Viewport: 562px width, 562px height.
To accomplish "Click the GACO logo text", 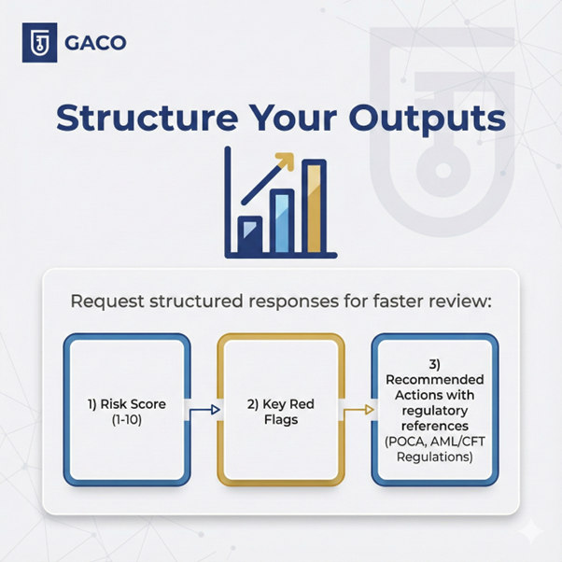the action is (95, 43).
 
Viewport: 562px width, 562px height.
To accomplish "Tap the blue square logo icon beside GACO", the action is (39, 42).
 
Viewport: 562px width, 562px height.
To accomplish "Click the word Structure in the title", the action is (147, 118).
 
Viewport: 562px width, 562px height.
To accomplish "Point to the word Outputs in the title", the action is (428, 119).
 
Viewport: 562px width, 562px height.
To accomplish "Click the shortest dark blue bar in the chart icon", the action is (250, 234).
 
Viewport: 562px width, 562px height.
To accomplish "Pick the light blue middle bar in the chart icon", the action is (282, 221).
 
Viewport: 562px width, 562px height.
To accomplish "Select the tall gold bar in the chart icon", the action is (314, 206).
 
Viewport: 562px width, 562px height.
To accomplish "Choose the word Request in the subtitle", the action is (107, 302).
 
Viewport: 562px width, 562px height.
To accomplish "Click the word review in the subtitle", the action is (464, 302).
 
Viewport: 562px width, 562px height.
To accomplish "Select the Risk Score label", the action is (127, 404).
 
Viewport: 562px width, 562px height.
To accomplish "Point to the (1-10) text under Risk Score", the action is (127, 420).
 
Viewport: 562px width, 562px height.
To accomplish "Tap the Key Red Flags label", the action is (281, 412).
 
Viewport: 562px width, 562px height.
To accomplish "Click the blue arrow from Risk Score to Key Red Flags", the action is (204, 410).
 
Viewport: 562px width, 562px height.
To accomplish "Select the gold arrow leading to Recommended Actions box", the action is (358, 410).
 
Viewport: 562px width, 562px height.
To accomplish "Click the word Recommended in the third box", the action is (435, 380).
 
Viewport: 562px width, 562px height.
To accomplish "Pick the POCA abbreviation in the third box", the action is (405, 442).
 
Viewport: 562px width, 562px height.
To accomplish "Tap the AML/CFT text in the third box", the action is (457, 442).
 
